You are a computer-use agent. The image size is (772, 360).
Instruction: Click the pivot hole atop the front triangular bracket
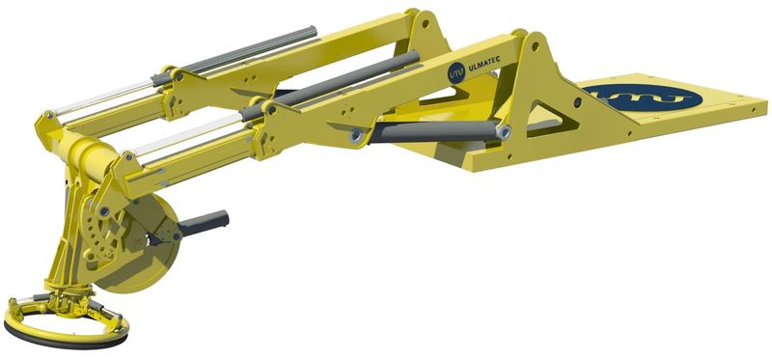(x=528, y=42)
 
